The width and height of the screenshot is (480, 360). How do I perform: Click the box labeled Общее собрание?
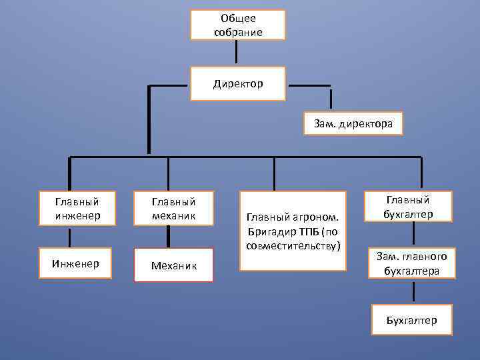click(x=238, y=25)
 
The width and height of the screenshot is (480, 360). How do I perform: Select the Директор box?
click(x=238, y=84)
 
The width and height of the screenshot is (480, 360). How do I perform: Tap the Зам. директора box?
click(x=353, y=123)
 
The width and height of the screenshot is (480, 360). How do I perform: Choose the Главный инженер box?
click(x=78, y=207)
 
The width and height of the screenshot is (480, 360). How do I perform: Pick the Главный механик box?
click(x=173, y=207)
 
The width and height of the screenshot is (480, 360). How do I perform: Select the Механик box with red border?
click(x=173, y=265)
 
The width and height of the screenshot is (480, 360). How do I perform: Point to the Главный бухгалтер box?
click(x=408, y=207)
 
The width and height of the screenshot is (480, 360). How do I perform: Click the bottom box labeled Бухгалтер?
click(x=412, y=320)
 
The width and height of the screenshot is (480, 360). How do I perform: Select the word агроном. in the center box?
click(x=318, y=217)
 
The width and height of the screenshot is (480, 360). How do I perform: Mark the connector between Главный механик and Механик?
click(x=168, y=236)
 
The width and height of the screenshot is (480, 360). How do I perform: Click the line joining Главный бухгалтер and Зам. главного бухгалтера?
click(x=413, y=233)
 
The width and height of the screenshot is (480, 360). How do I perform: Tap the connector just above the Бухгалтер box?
click(x=413, y=291)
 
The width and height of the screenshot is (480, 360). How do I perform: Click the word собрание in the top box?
click(x=238, y=32)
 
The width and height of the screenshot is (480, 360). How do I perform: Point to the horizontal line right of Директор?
click(x=309, y=85)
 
